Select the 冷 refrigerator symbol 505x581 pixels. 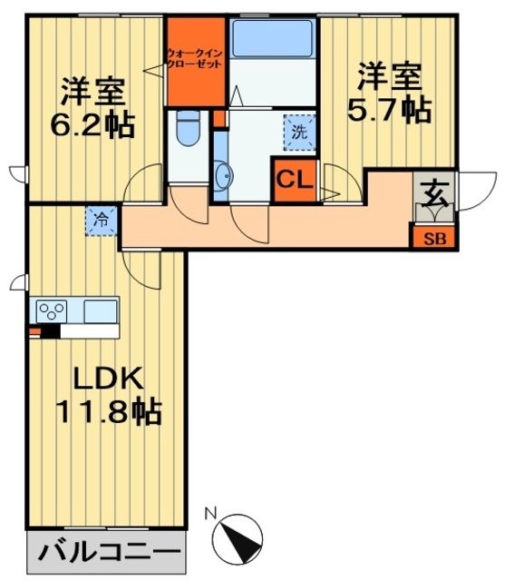point(102,219)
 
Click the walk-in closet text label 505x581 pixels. point(194,60)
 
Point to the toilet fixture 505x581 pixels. point(189,128)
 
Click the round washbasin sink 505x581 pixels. point(224,174)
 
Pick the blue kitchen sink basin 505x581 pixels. point(101,310)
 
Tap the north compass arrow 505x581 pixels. point(242,535)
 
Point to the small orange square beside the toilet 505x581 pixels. point(219,119)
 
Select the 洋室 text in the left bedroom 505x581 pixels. point(91,93)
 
